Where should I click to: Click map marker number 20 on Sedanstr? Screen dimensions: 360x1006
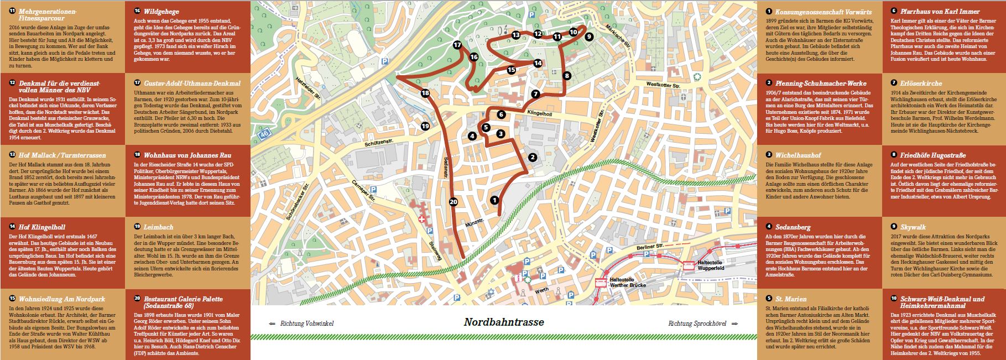pos(454,202)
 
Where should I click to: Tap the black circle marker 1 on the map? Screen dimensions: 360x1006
pos(494,200)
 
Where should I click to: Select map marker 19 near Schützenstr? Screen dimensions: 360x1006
pos(425,126)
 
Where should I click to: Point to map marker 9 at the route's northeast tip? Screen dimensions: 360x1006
pos(588,36)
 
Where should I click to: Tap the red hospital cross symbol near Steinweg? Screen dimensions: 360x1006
pos(422,220)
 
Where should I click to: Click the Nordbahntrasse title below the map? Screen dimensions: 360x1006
pos(504,322)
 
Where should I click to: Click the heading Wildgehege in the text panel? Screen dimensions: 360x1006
pos(153,11)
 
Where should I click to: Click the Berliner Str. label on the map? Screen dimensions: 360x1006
pos(650,247)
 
